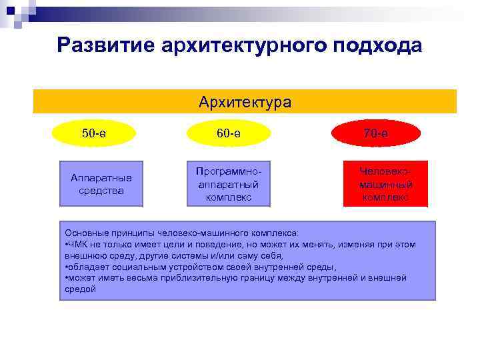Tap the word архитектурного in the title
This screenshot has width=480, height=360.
tap(241, 45)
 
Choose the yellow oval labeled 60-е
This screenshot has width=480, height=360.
tap(229, 133)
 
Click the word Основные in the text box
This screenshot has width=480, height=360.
tap(83, 233)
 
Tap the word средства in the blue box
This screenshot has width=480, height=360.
tap(101, 191)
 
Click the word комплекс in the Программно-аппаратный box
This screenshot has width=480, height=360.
tap(229, 197)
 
